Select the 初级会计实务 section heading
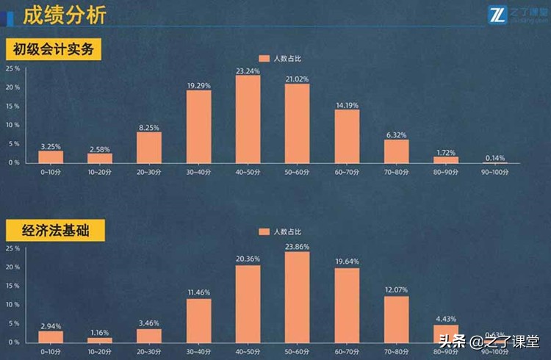(x=52, y=50)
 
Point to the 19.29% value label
(x=198, y=85)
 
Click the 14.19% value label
(x=347, y=104)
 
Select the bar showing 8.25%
(x=149, y=147)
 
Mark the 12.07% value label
(x=396, y=291)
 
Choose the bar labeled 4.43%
(x=445, y=334)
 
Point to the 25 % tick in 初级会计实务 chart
(x=12, y=69)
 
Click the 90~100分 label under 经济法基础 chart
(x=494, y=351)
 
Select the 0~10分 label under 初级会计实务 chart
(x=51, y=171)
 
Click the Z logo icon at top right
(x=497, y=14)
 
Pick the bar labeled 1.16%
(x=100, y=339)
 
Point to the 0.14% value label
(x=494, y=156)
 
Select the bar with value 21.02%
(x=297, y=123)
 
